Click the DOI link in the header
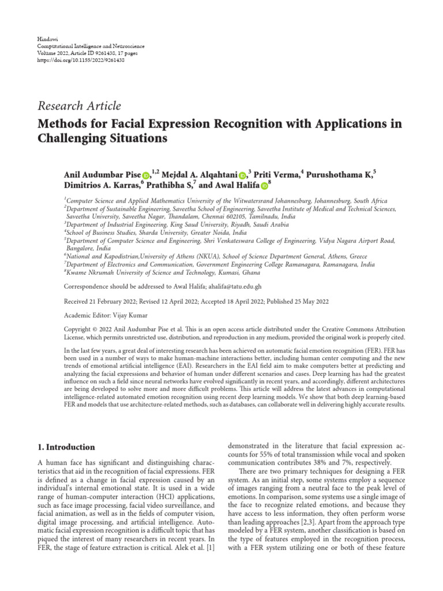click(x=80, y=59)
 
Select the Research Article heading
click(x=79, y=106)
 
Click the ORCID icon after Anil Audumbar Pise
click(x=145, y=175)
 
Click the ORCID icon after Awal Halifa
click(x=264, y=186)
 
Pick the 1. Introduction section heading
click(x=66, y=447)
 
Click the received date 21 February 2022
click(x=115, y=301)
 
